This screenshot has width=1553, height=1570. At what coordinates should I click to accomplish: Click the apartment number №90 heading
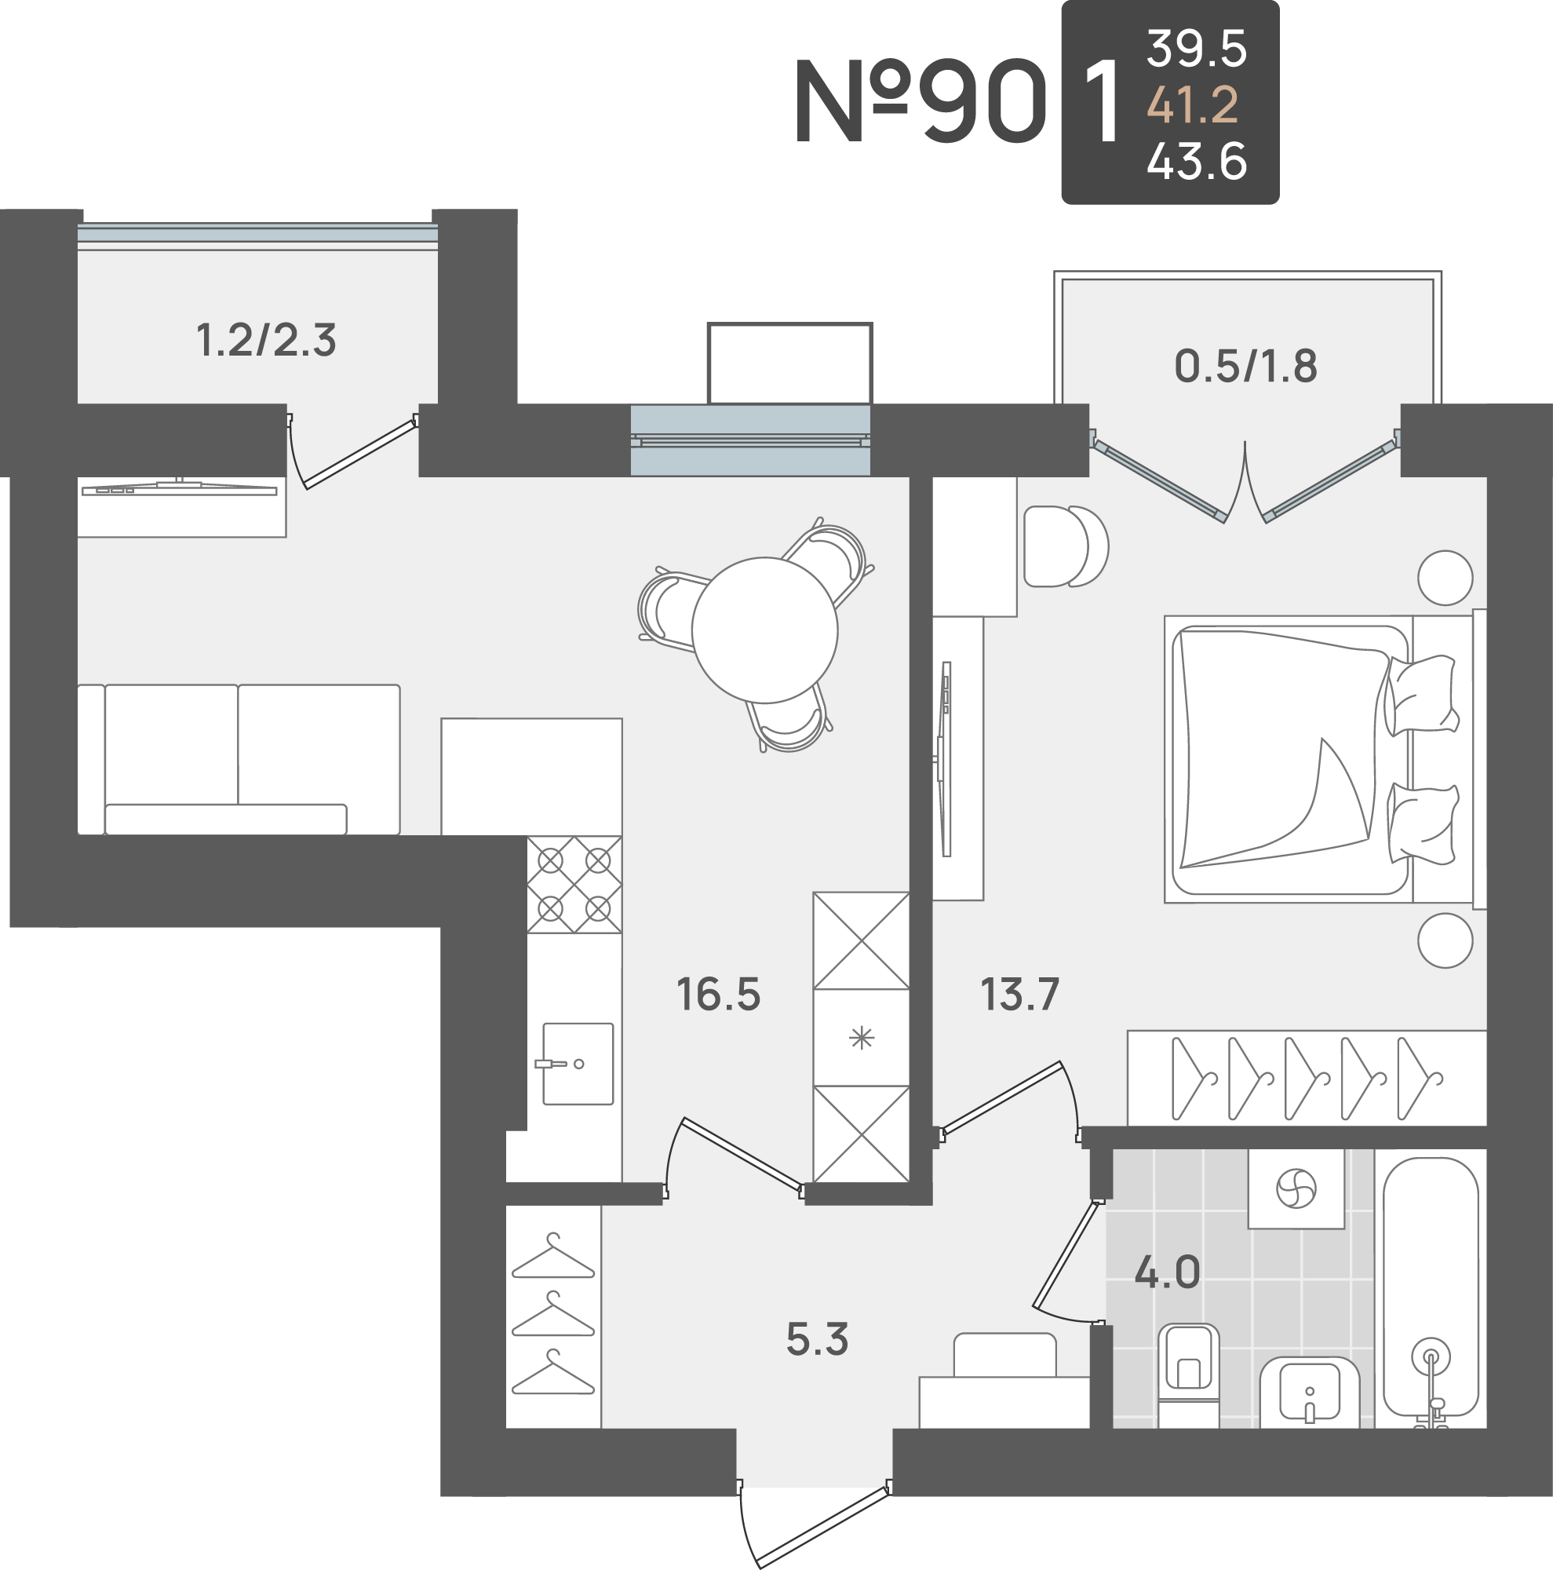point(921,102)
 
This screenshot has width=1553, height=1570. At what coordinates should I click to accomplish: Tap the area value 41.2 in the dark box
point(1192,105)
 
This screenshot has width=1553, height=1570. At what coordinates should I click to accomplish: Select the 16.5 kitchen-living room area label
point(718,995)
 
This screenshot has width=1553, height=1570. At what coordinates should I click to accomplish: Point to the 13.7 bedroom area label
point(1019,995)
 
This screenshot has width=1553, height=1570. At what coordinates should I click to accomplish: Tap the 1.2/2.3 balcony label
point(265,340)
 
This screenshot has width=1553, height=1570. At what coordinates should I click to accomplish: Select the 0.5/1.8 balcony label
point(1245,366)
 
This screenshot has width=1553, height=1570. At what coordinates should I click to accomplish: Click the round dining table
point(764,630)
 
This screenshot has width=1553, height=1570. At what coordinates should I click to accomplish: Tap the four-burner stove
point(574,884)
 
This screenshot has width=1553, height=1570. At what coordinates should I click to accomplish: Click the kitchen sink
point(578,1064)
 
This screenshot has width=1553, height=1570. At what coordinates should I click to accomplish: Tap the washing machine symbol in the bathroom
point(1296,1188)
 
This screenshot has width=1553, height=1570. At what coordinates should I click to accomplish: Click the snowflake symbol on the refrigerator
point(861,1038)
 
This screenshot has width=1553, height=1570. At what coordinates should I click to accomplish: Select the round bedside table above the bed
point(1445,578)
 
